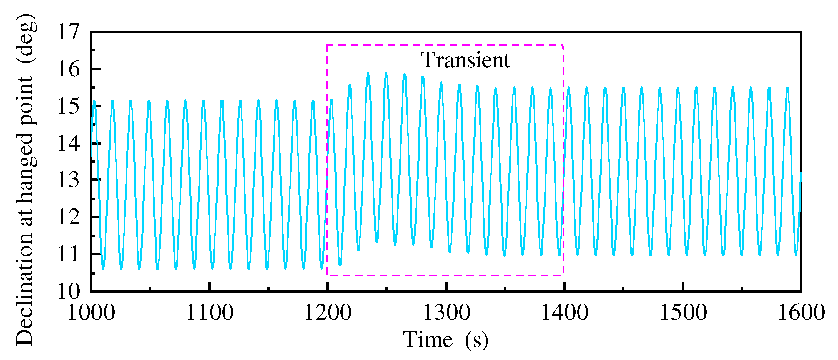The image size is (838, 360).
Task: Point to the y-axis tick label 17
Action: pos(68,32)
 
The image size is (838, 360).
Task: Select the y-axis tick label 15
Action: pos(68,106)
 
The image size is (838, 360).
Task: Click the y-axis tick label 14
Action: pos(68,143)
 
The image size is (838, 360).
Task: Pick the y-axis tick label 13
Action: pos(68,180)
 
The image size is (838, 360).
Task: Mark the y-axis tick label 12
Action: pos(68,217)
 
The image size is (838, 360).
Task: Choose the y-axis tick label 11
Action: pos(68,254)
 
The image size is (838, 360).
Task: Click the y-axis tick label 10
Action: pos(68,291)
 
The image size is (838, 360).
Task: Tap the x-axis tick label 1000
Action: pos(91,313)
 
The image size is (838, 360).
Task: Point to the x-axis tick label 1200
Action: pos(328,313)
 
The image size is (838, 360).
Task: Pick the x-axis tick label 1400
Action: pos(564,313)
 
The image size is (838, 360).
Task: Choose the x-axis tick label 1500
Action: pos(683,313)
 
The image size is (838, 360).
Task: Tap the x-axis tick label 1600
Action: pos(801,313)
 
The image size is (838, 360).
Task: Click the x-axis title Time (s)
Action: pos(445,340)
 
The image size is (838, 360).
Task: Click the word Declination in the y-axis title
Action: pos(25,288)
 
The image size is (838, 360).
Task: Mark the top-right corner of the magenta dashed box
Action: pos(563,46)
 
